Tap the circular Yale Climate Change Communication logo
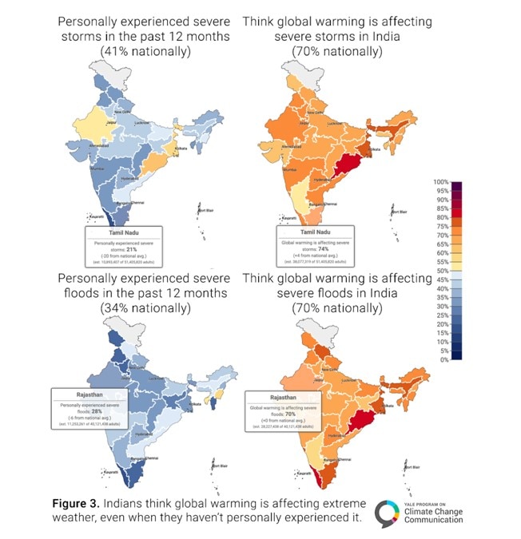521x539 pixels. coord(388,513)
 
